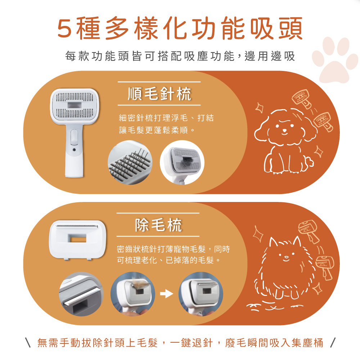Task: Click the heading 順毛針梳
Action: coord(159,94)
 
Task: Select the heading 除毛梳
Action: coord(158,225)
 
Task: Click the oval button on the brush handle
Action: coord(74,137)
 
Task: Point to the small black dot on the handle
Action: coord(74,150)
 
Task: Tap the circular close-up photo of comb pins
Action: coord(130,163)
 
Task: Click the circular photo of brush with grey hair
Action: coord(182,163)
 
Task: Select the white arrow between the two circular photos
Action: coord(166,294)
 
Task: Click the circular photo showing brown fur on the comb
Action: coord(133,294)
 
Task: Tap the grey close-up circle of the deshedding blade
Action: coord(81,294)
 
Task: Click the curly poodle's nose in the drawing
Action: coord(285,130)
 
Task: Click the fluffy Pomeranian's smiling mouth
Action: coord(286,260)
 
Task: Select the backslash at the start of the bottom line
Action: coord(28,343)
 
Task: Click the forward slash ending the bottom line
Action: coord(333,343)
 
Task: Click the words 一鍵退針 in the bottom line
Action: coord(191,343)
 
